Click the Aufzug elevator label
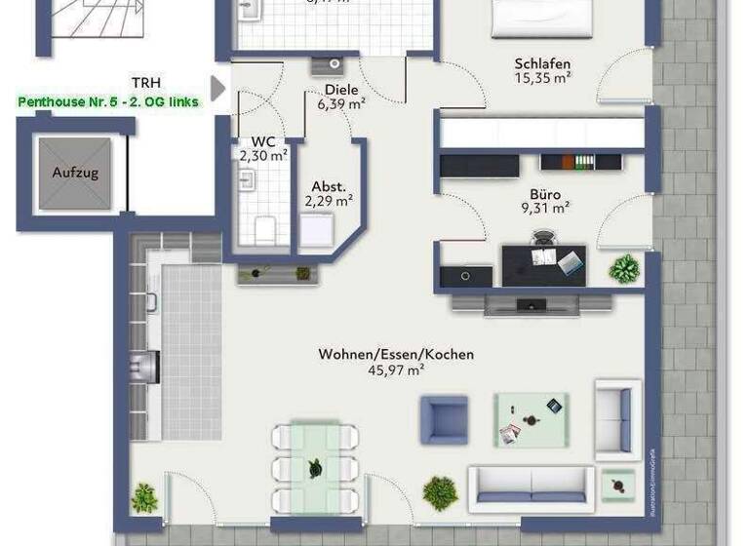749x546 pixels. coord(75,172)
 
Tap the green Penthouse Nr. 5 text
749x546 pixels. coord(108,101)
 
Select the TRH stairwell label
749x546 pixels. coord(146,83)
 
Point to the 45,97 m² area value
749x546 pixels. coord(396,370)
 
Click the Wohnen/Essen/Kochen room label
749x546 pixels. coord(396,354)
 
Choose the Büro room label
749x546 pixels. coord(545,193)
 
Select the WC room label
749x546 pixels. coord(263,140)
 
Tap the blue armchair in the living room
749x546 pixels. coord(444,419)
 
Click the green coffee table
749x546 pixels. coord(531,419)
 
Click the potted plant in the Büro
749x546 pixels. coord(624,266)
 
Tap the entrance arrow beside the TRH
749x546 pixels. coord(218,89)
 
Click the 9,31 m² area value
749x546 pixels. coord(545,207)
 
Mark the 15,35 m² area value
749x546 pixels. coord(542,80)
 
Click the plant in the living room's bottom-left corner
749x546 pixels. coord(144,497)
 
